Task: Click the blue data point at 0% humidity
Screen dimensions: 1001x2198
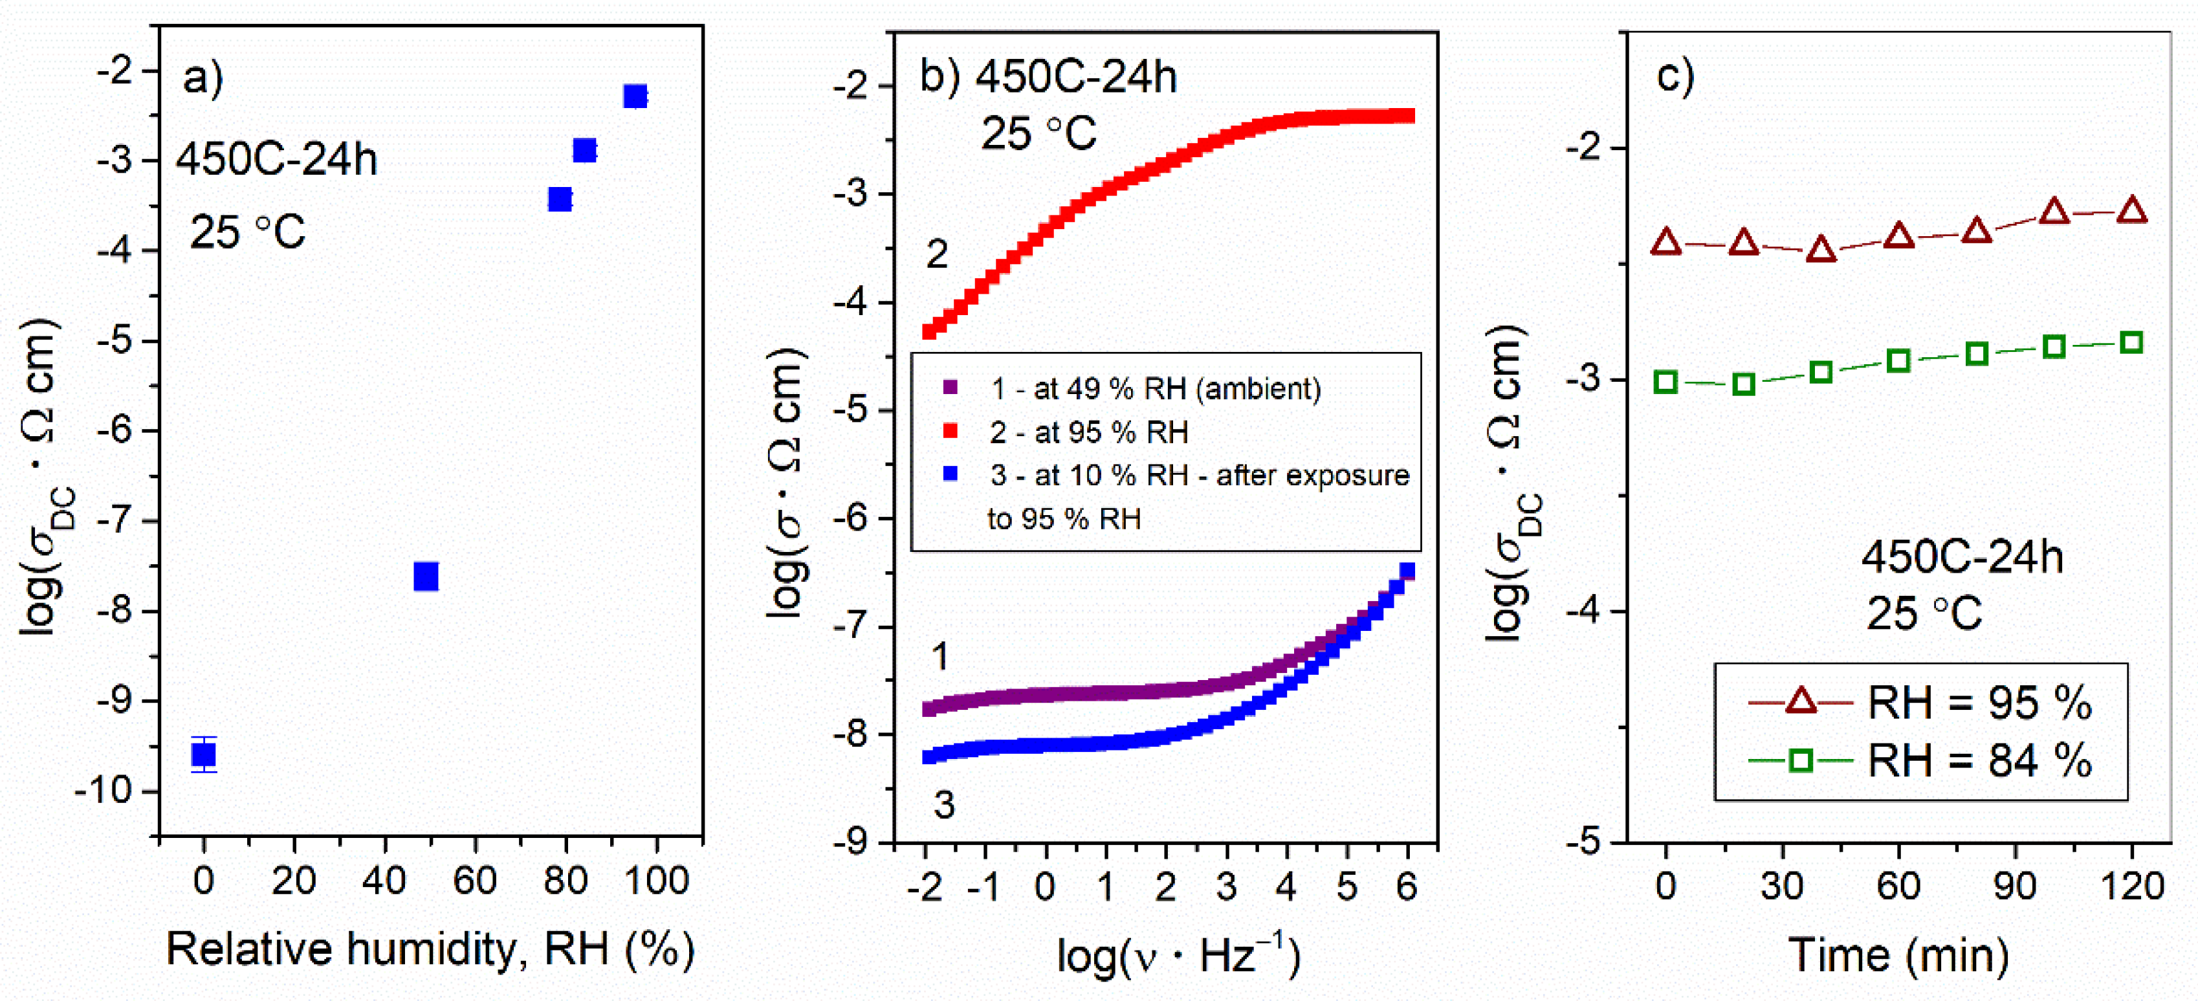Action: pos(203,754)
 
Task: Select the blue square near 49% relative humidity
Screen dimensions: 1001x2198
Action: pos(426,577)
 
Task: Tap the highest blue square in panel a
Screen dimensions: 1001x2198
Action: pos(635,96)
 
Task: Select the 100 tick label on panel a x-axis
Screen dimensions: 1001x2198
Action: pos(656,881)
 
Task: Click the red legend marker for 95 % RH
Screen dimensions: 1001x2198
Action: pos(950,431)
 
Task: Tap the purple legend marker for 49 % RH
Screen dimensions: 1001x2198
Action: pos(950,388)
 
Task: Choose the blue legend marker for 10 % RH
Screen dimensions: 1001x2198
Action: pos(950,474)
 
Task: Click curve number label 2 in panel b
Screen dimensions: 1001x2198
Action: pos(937,254)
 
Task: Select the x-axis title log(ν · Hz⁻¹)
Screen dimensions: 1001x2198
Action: pos(1178,956)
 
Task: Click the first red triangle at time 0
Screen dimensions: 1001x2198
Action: pos(1665,243)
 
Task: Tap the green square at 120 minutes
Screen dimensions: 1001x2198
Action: pos(2131,343)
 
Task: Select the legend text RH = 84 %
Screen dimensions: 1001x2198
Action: pos(1979,760)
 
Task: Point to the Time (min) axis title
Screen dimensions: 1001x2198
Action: pos(1898,954)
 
